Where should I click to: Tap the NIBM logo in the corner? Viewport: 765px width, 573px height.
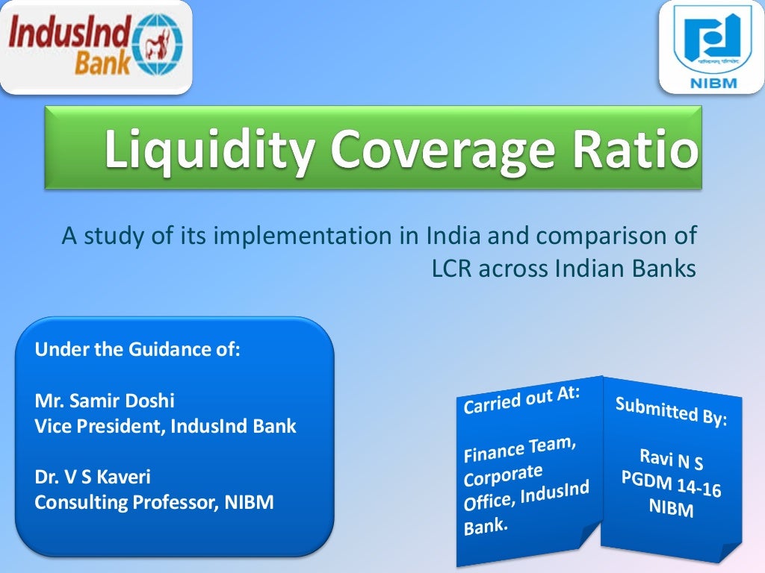711,46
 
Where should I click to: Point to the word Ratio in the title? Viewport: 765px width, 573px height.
635,148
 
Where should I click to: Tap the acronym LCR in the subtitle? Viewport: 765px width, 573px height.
452,269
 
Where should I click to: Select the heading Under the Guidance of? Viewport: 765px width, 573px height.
137,349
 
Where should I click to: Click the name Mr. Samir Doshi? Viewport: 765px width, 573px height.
105,401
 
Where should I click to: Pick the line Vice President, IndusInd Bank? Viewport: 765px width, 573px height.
165,427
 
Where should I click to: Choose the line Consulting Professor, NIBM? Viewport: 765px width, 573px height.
154,503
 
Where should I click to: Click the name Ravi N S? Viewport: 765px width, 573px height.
671,459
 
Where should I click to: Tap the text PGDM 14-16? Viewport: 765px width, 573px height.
670,485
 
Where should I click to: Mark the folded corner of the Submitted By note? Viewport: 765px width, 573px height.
729,550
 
